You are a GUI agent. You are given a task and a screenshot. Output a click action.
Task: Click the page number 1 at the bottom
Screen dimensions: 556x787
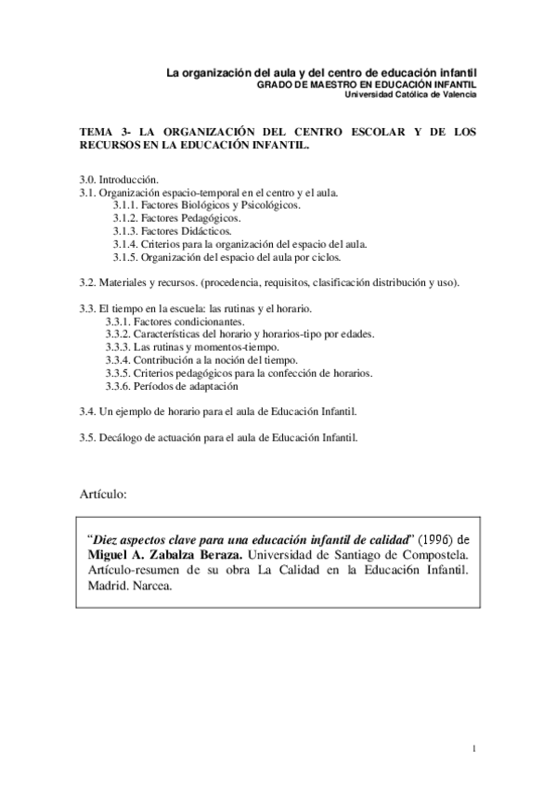coord(473,749)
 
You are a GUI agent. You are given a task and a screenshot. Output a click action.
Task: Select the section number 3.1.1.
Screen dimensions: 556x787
coord(125,205)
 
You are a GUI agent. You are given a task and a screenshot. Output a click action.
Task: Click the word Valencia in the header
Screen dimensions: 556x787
coord(458,94)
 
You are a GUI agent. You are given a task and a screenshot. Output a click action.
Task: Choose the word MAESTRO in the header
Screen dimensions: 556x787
coord(330,84)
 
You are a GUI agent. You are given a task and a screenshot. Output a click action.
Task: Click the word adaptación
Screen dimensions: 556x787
coord(213,385)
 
